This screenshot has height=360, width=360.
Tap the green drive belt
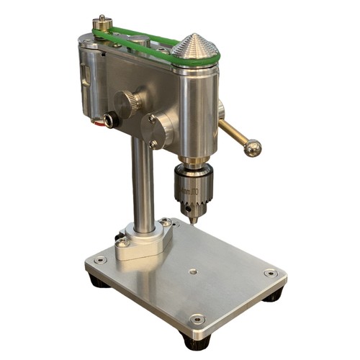(x=144, y=37)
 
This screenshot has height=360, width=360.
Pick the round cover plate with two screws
(x=157, y=130)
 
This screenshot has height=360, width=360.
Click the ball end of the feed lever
(x=252, y=148)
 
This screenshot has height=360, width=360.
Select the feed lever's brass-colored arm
(x=234, y=134)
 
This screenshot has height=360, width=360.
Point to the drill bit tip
(x=191, y=222)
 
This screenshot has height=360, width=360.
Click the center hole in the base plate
(x=192, y=271)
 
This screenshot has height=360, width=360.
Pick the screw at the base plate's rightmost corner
(x=270, y=273)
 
